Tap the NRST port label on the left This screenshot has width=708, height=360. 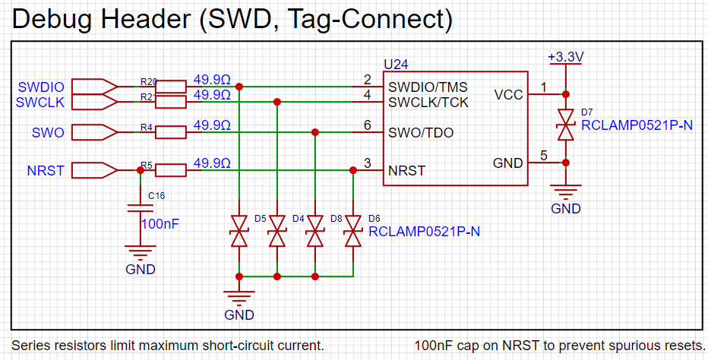pos(46,171)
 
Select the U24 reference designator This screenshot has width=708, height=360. pos(397,65)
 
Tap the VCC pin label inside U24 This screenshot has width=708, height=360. pos(508,95)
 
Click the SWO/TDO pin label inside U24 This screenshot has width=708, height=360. pos(421,133)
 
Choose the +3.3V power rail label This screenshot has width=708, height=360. pos(564,57)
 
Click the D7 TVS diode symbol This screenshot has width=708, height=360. pos(564,124)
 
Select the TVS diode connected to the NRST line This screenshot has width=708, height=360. pos(352,231)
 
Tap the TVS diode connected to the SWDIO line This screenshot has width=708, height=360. pos(239,231)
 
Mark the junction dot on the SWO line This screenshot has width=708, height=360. pos(314,133)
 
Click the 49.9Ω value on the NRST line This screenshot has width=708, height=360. pos(212,163)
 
